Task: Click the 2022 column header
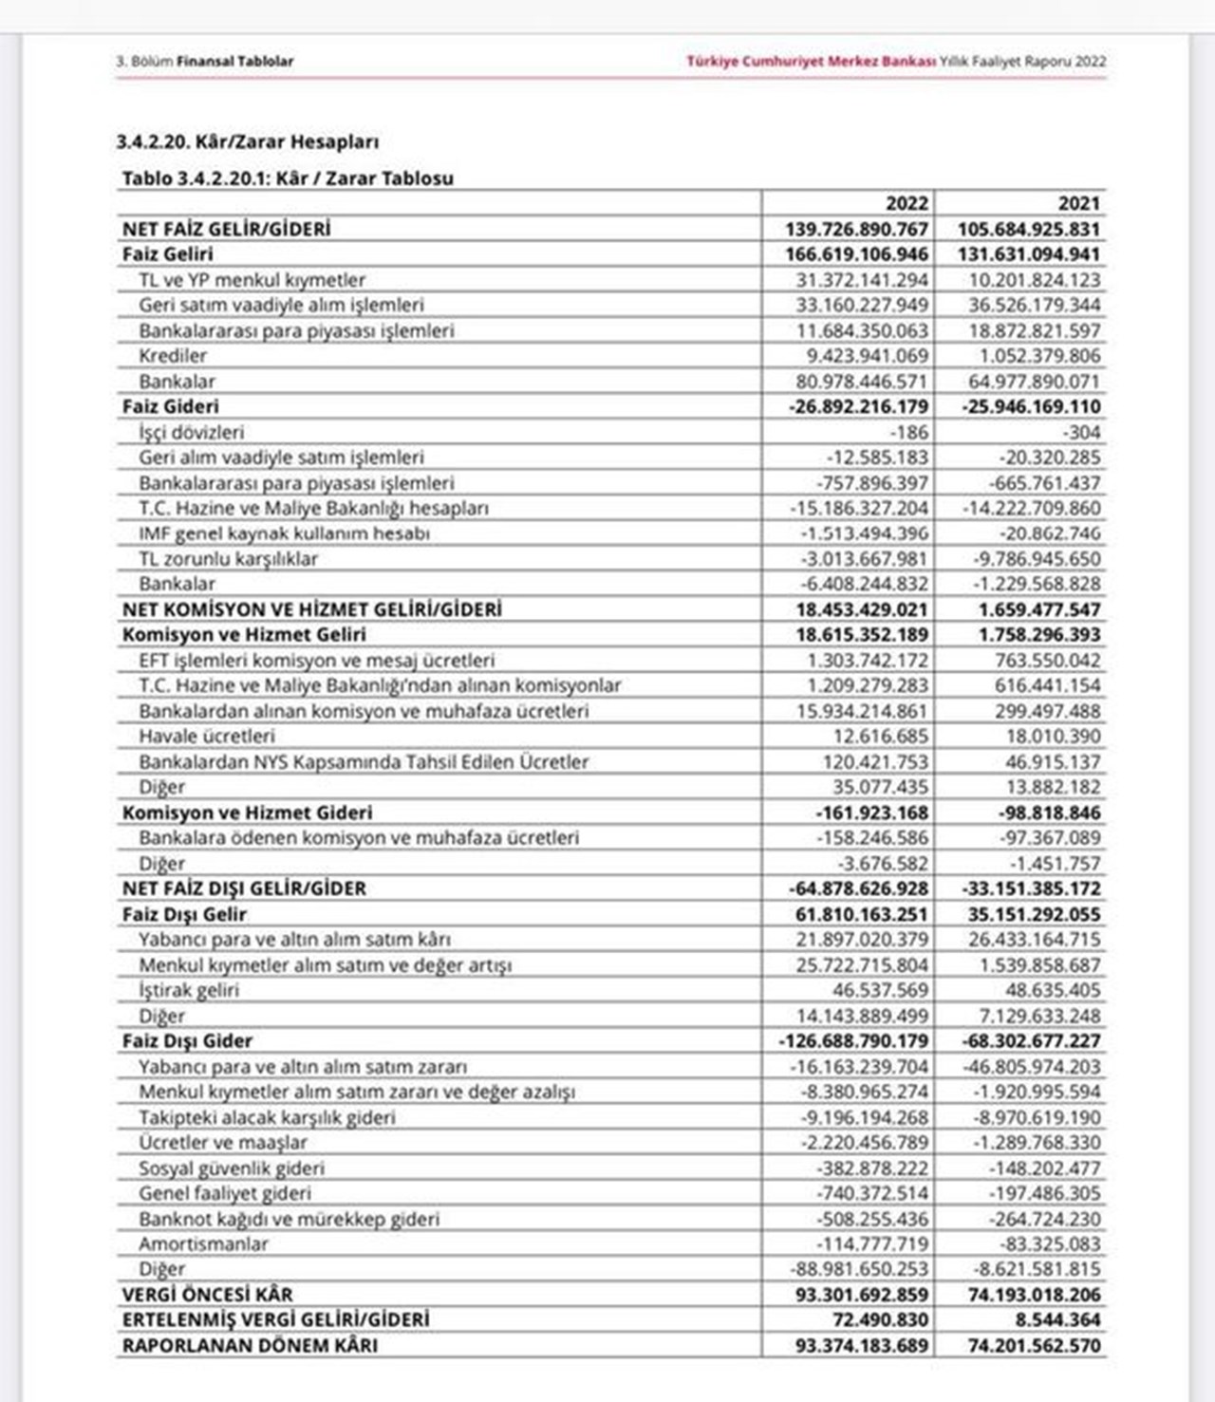coord(907,203)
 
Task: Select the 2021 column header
coord(1079,203)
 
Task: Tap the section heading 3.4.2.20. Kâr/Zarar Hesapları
coord(248,142)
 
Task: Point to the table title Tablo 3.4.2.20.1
coord(288,178)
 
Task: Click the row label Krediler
coord(173,356)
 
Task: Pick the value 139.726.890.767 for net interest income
coord(857,229)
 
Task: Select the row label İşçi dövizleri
coord(191,432)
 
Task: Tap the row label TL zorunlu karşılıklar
coord(228,559)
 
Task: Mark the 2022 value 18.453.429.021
coord(862,609)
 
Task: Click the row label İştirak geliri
coord(189,990)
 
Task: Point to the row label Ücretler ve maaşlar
coord(223,1143)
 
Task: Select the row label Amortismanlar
coord(203,1244)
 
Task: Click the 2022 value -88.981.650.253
coord(859,1269)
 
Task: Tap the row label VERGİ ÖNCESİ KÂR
coord(208,1295)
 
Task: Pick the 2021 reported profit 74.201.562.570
coord(1034,1346)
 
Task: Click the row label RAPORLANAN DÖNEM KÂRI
coord(250,1346)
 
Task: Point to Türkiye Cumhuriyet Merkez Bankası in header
coord(812,62)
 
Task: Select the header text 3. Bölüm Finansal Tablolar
coord(205,62)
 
